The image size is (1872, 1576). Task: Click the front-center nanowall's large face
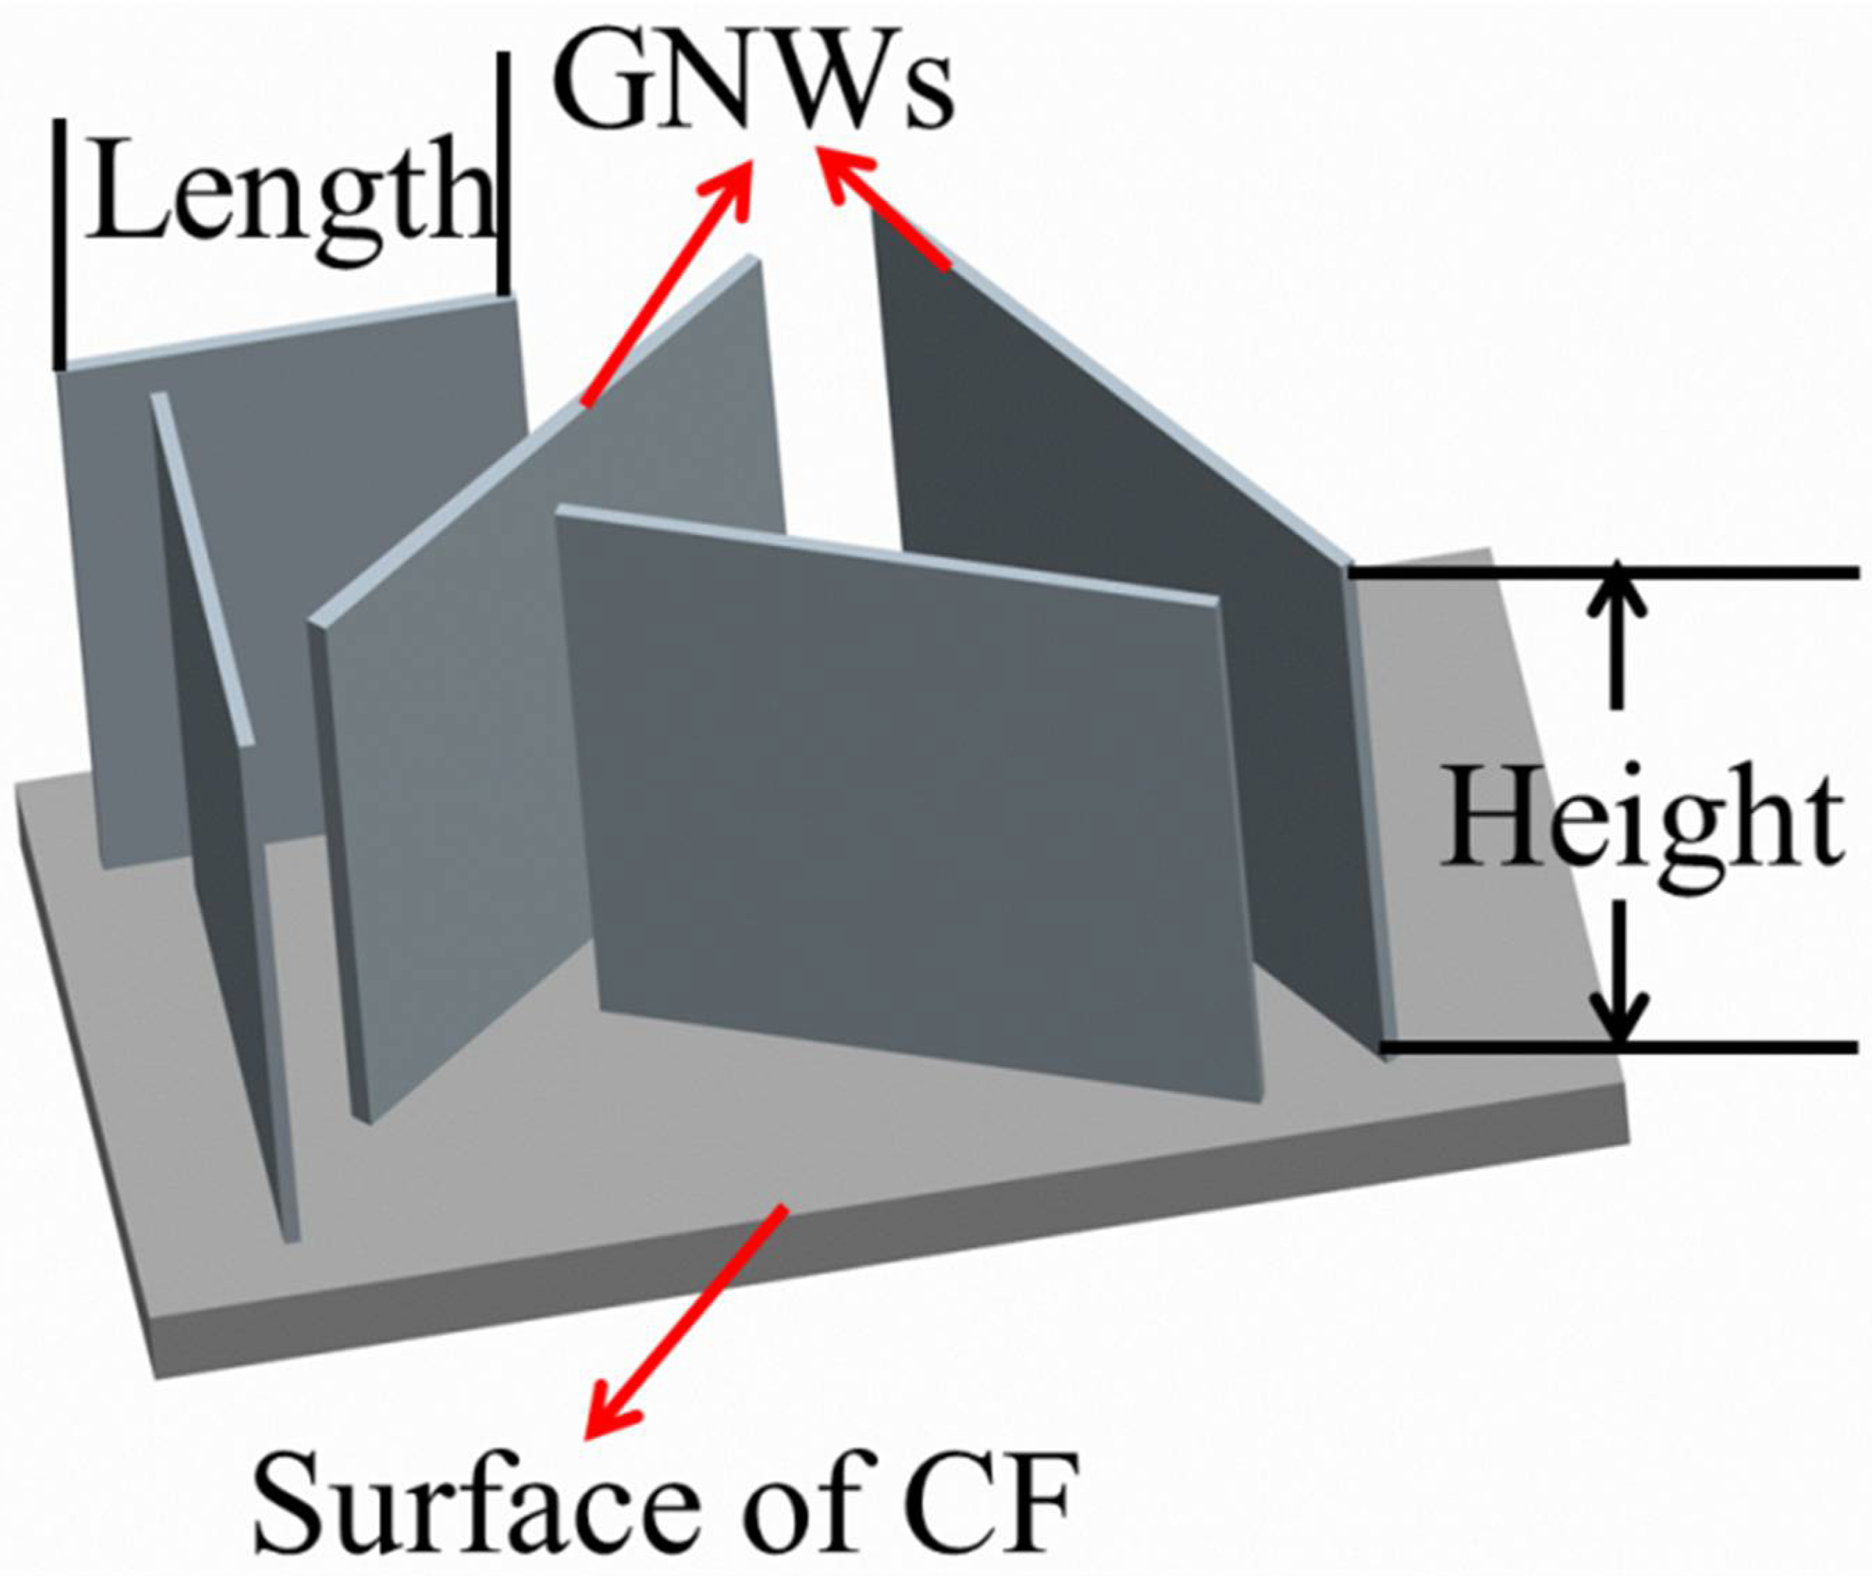point(902,804)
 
